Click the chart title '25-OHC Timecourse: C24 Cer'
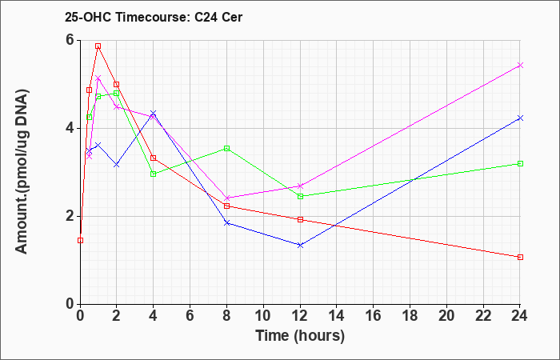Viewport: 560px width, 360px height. click(154, 17)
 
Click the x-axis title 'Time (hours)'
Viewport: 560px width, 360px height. click(300, 336)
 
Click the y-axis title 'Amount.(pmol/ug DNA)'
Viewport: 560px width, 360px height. click(22, 172)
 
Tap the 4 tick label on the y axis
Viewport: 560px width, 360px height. click(71, 128)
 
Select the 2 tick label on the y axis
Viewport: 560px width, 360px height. click(71, 216)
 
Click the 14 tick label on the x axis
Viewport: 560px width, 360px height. click(337, 315)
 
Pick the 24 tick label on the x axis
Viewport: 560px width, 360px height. click(520, 315)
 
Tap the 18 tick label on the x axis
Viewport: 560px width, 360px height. click(410, 315)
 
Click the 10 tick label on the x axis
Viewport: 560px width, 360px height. click(263, 315)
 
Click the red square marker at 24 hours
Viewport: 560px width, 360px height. click(520, 257)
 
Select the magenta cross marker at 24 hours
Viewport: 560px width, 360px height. click(520, 65)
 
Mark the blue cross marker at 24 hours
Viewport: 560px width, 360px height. click(520, 118)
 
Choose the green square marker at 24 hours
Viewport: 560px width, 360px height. click(520, 163)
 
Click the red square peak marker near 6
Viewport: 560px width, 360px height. click(98, 46)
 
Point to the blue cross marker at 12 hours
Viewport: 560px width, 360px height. click(300, 245)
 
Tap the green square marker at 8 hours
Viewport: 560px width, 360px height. click(226, 148)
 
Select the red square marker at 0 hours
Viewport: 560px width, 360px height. click(80, 240)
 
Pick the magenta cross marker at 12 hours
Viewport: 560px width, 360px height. click(300, 186)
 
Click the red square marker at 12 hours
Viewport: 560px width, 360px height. click(300, 220)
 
